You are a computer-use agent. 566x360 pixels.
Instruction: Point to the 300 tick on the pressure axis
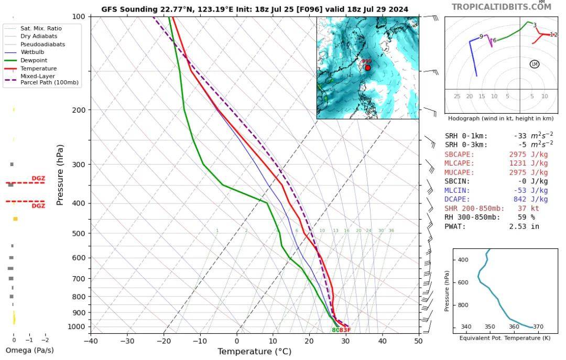tap(79, 165)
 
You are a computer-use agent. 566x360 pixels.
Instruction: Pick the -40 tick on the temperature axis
tap(91, 341)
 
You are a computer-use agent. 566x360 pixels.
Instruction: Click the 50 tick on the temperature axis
tap(418, 341)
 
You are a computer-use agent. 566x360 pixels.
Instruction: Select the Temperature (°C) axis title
tap(254, 351)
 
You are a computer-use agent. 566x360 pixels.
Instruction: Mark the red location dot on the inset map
tap(368, 68)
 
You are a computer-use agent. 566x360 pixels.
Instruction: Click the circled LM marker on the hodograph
tap(535, 64)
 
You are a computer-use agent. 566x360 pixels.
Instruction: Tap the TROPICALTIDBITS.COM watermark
tap(501, 7)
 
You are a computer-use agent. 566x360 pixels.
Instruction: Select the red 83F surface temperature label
tap(345, 330)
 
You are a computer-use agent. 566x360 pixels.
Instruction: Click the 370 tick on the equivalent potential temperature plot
tap(538, 327)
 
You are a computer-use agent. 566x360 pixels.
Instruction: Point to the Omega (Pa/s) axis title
tap(29, 350)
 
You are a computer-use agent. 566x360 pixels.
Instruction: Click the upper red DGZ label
tap(38, 179)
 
